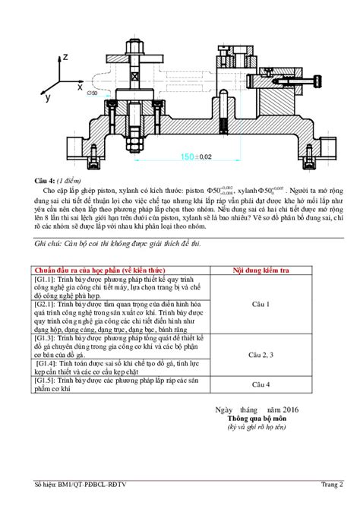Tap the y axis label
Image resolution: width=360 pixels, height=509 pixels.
coord(47,97)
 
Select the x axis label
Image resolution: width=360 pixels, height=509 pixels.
coord(80,87)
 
